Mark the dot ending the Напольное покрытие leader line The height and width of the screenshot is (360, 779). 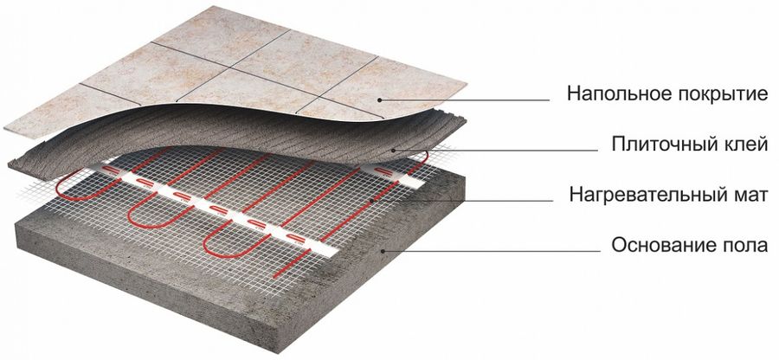tap(380, 100)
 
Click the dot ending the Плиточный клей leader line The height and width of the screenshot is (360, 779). tap(392, 150)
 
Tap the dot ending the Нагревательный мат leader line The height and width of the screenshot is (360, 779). tap(372, 201)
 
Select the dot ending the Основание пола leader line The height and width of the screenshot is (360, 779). tap(383, 251)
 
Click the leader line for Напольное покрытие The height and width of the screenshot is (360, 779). tap(465, 100)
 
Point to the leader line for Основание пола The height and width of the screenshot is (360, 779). tap(492, 251)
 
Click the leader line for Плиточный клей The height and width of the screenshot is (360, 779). tap(495, 150)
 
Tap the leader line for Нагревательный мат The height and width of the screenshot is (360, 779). tap(462, 201)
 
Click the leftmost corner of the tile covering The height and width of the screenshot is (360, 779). tap(5, 129)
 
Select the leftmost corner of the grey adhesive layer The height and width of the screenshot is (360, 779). tap(9, 162)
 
